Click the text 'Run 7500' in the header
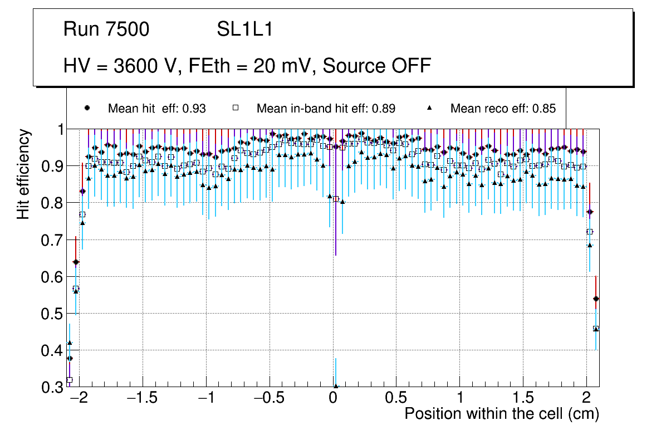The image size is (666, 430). (x=106, y=30)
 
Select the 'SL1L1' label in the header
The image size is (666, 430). (x=244, y=30)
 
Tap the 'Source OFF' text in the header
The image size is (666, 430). (x=377, y=66)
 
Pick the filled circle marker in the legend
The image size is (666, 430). (x=87, y=108)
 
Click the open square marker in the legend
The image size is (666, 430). (x=235, y=108)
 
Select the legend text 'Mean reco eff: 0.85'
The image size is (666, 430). (x=503, y=109)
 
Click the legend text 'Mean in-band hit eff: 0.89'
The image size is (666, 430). (x=326, y=109)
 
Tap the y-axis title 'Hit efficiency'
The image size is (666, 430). (x=23, y=174)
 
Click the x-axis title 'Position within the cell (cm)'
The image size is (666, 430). (x=501, y=414)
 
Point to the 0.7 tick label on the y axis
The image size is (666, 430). (x=53, y=240)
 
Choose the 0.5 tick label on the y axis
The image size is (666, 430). (x=53, y=314)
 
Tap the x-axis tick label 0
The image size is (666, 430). (x=333, y=399)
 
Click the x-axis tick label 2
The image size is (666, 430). (x=586, y=399)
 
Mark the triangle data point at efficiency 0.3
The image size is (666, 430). (x=336, y=386)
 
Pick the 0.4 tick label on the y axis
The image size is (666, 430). (x=53, y=350)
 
